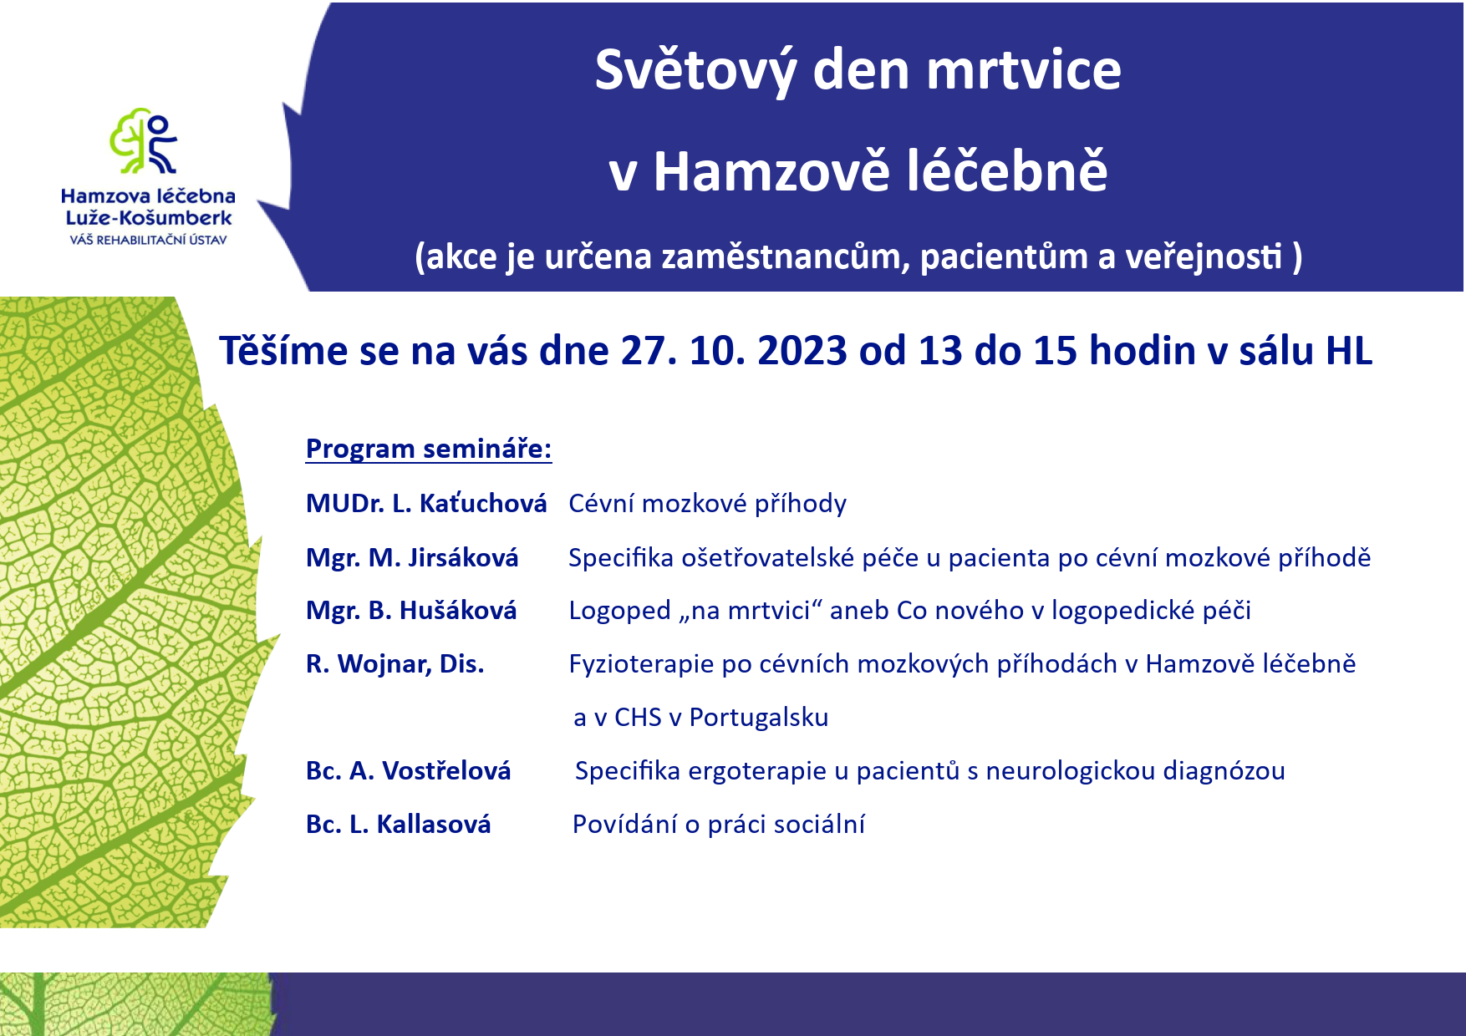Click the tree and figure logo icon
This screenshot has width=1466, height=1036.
144,140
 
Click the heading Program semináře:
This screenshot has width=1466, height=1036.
429,449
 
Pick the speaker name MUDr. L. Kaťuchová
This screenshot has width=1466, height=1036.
426,503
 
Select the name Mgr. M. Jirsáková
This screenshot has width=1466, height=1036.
412,557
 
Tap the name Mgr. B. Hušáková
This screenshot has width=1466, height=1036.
411,611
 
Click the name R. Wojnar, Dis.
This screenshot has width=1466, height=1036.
395,664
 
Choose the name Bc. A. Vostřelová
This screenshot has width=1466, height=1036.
409,770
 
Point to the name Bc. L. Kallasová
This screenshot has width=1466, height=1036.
399,824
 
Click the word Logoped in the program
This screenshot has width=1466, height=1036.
619,612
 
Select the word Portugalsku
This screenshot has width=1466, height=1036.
759,718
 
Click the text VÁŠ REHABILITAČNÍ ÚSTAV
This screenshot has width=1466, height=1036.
148,241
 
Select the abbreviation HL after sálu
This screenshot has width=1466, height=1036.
1349,351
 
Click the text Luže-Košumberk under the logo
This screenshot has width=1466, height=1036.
149,218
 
